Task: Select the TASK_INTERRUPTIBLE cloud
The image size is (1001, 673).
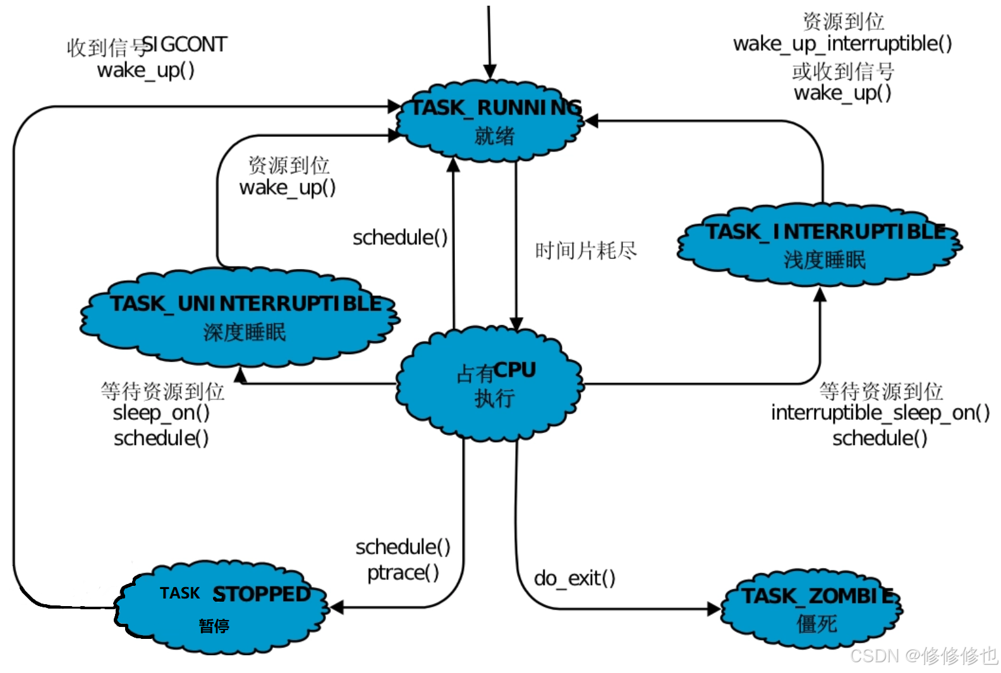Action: pyautogui.click(x=820, y=244)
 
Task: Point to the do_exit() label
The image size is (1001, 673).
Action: pyautogui.click(x=574, y=578)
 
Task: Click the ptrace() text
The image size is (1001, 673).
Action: pyautogui.click(x=403, y=573)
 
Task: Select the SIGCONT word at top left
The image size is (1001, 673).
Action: pyautogui.click(x=185, y=44)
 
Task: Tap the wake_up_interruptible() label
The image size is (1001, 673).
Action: pyautogui.click(x=842, y=44)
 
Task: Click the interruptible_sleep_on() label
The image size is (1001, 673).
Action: pyautogui.click(x=880, y=413)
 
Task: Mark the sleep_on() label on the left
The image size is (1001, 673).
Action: pyautogui.click(x=161, y=413)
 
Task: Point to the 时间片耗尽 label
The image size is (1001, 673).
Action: pyautogui.click(x=586, y=251)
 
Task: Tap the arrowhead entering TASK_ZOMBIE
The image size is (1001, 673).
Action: pyautogui.click(x=714, y=609)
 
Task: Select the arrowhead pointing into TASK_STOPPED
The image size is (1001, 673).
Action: pyautogui.click(x=337, y=607)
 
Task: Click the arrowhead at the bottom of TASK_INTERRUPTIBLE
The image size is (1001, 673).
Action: pyautogui.click(x=820, y=294)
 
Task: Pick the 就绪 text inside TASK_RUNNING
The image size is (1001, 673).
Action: pyautogui.click(x=495, y=135)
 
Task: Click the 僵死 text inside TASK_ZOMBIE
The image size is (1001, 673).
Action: pyautogui.click(x=816, y=624)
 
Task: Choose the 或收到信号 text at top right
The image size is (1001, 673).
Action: pyautogui.click(x=843, y=71)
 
